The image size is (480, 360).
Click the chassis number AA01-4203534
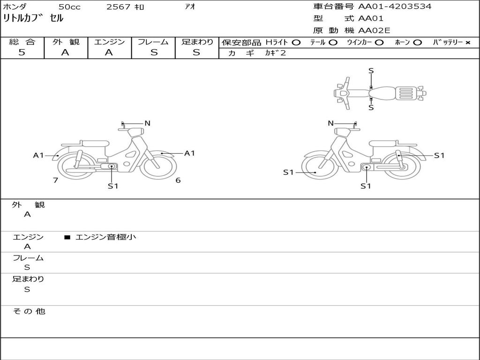click(x=395, y=7)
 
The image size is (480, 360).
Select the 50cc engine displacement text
click(x=69, y=7)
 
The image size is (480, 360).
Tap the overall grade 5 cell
click(x=22, y=52)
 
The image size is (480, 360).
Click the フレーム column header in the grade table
click(x=153, y=42)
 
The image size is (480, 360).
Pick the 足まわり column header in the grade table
click(x=197, y=42)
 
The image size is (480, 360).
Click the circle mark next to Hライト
click(x=296, y=43)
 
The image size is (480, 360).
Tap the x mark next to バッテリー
click(x=467, y=43)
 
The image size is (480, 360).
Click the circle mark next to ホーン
click(x=418, y=43)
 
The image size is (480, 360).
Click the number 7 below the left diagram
click(x=55, y=180)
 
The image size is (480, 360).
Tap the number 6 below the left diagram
click(x=178, y=180)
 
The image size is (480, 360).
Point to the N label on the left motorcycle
click(x=147, y=123)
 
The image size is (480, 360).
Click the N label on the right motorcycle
click(x=330, y=123)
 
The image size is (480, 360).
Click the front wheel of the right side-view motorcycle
click(x=320, y=167)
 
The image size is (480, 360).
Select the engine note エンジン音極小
click(x=105, y=237)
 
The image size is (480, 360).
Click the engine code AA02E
click(x=374, y=31)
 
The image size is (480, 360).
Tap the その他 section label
click(x=29, y=311)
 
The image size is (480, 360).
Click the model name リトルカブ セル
click(x=33, y=19)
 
